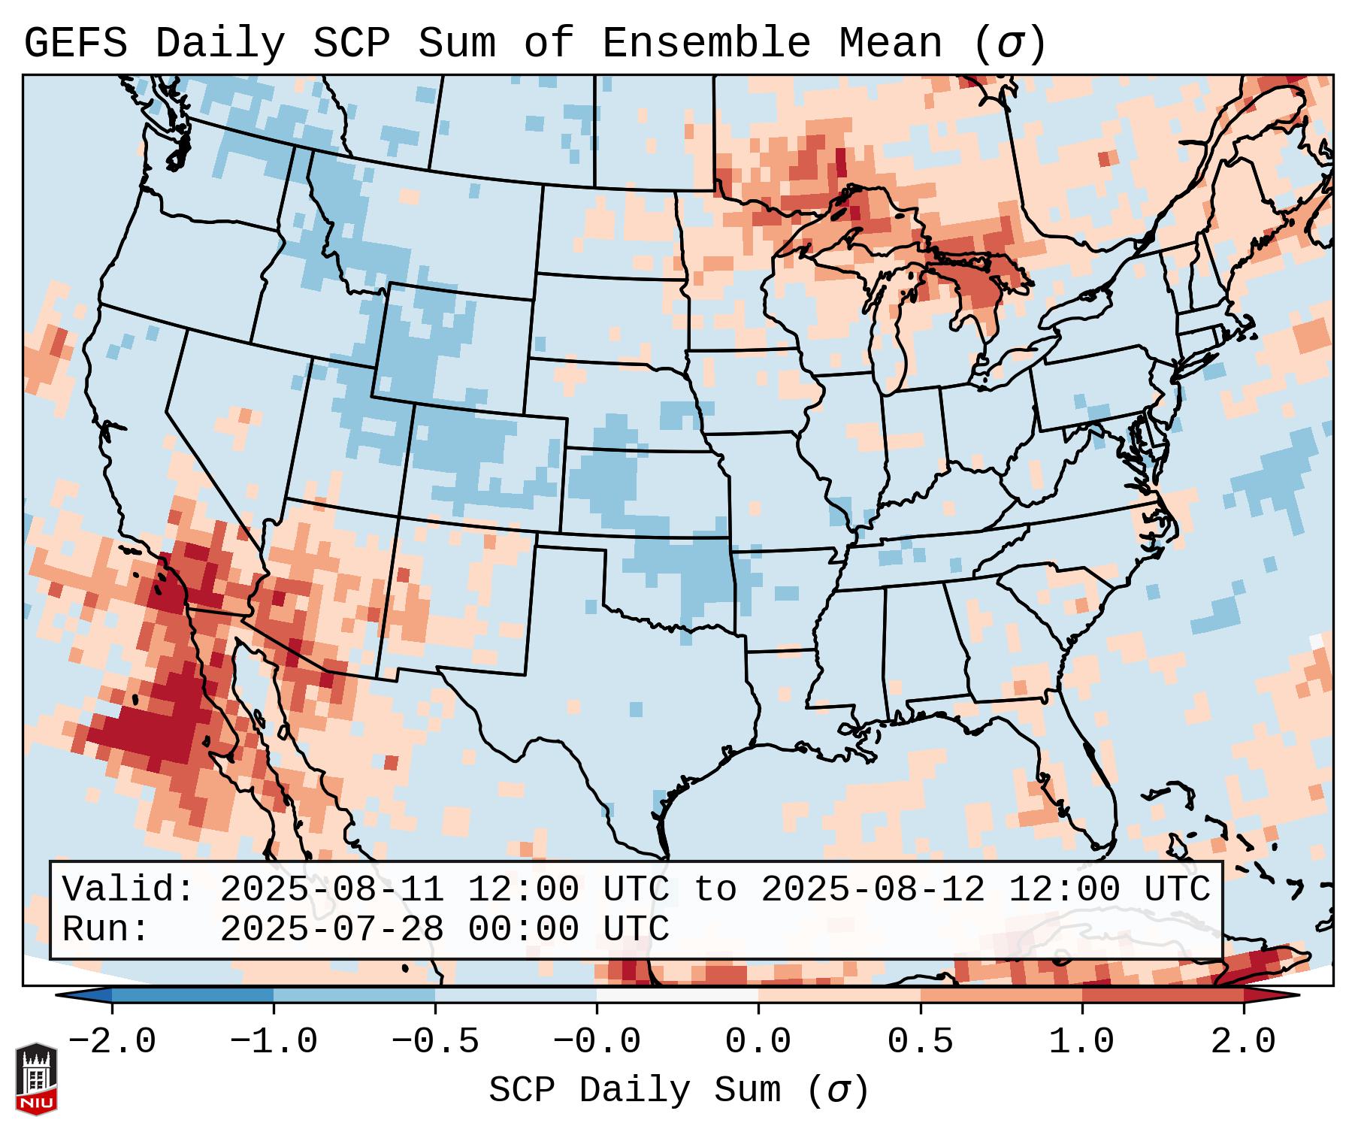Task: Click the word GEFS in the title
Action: pos(75,44)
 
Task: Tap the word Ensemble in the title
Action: pos(706,44)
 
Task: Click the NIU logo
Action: pos(36,1079)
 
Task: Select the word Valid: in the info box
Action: pos(128,890)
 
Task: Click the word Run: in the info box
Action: pos(106,930)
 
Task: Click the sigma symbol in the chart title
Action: pos(1009,44)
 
